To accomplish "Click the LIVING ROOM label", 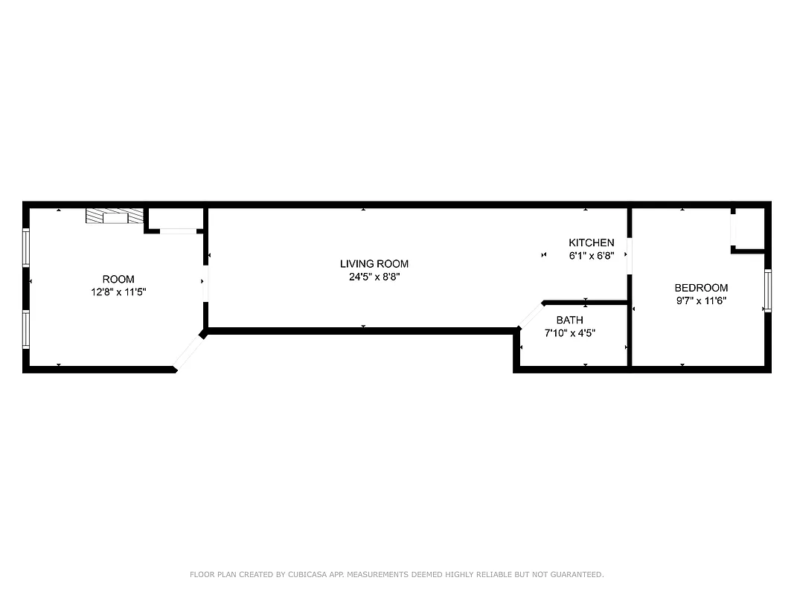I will [x=374, y=264].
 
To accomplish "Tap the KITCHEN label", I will [x=591, y=243].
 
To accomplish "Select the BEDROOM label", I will [x=701, y=288].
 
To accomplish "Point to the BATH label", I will [x=569, y=320].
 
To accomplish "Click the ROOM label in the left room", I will [x=118, y=280].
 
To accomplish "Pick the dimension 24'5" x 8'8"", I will [x=374, y=277].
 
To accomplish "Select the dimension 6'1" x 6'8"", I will [x=591, y=255].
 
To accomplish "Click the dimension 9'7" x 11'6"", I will [x=701, y=300].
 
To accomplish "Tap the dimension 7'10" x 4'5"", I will [x=569, y=332].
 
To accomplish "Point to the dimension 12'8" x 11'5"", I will [x=118, y=292].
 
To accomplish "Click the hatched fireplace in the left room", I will [x=114, y=216].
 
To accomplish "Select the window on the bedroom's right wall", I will [x=768, y=291].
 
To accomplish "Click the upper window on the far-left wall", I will [x=26, y=248].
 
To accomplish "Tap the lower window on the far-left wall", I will [x=26, y=329].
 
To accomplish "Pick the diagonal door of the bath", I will [x=531, y=315].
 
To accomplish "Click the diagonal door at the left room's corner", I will [x=189, y=351].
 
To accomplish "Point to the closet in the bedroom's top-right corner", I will [x=749, y=228].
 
